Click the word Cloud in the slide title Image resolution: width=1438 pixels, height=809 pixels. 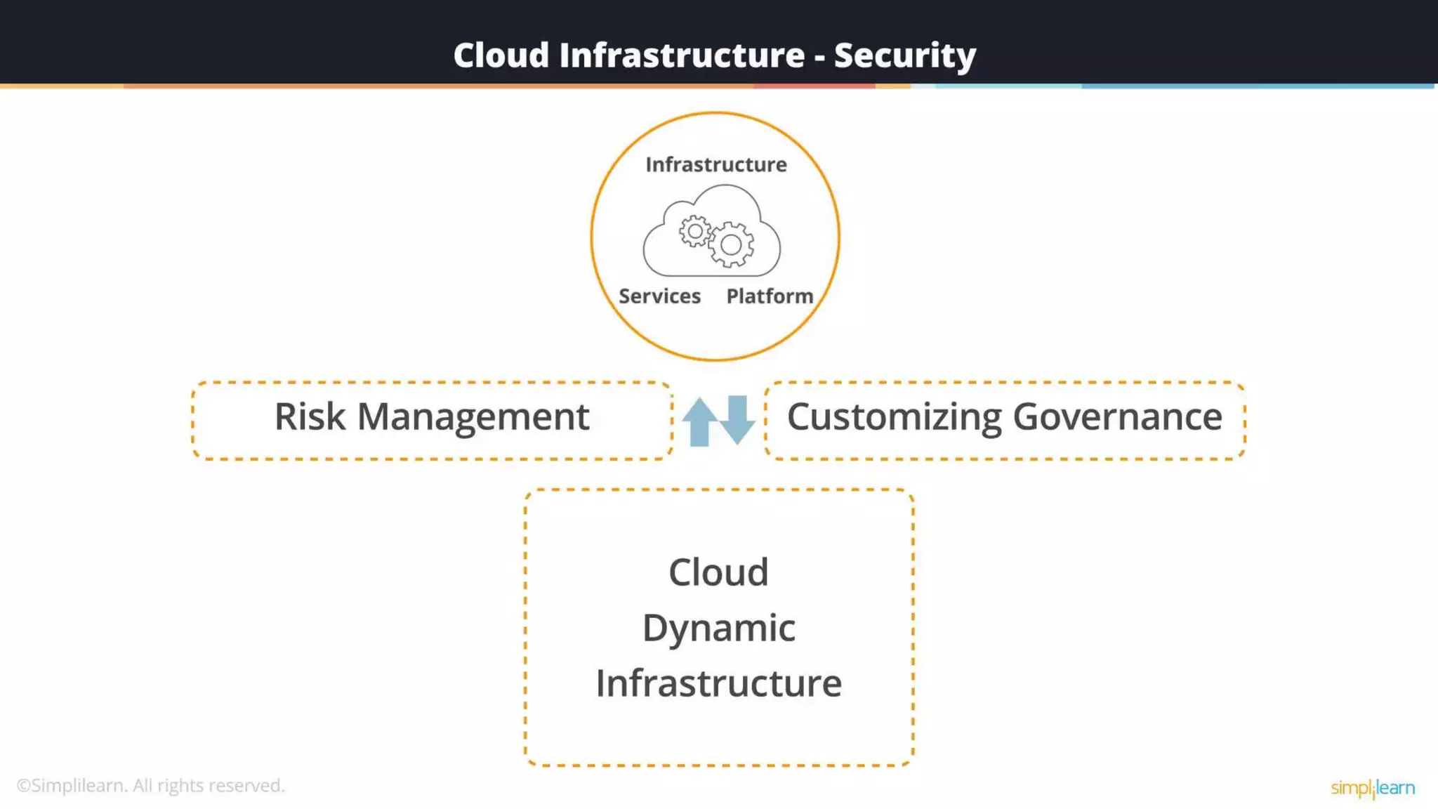501,55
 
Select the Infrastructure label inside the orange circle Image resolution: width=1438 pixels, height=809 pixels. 715,164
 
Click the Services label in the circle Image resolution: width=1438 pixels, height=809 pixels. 659,296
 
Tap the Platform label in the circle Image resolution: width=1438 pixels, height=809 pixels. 770,296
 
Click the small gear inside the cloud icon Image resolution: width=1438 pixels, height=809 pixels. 694,231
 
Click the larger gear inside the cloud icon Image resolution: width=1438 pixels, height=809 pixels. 731,244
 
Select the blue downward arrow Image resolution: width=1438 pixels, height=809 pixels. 737,419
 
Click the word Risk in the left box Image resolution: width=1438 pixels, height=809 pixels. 310,417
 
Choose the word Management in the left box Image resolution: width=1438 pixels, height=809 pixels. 473,417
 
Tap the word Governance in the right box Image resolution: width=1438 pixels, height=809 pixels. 1117,417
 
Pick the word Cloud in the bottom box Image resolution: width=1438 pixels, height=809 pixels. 718,572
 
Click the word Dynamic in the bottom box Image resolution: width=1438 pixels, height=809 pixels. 718,628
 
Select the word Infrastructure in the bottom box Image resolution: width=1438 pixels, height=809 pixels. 718,683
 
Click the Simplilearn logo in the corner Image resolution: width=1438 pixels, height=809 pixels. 1372,788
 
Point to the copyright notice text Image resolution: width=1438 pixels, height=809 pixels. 150,785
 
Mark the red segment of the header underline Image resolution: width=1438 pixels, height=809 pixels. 814,86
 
